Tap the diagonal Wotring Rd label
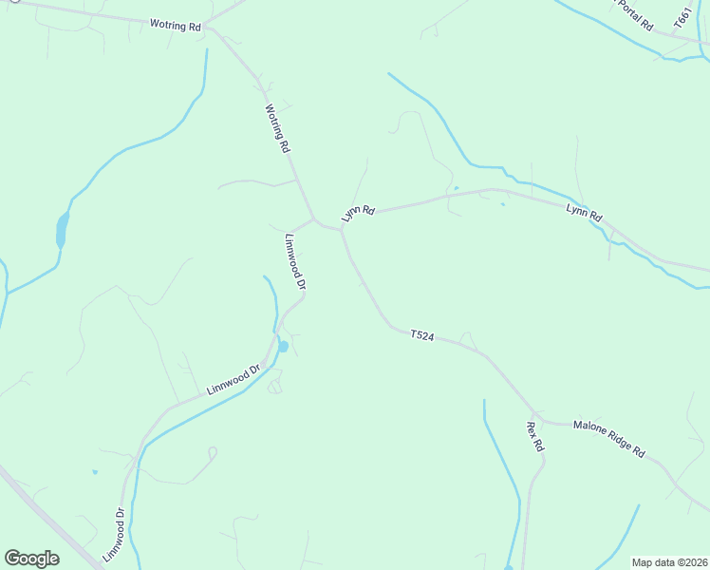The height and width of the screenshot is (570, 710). pyautogui.click(x=276, y=129)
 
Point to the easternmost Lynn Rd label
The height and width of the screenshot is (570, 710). pyautogui.click(x=584, y=213)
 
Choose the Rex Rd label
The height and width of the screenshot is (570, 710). pyautogui.click(x=534, y=436)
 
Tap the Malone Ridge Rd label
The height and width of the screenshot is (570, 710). pyautogui.click(x=608, y=439)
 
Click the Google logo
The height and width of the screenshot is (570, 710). pyautogui.click(x=31, y=559)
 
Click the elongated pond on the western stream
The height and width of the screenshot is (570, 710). pyautogui.click(x=62, y=230)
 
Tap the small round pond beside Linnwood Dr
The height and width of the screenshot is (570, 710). pyautogui.click(x=283, y=347)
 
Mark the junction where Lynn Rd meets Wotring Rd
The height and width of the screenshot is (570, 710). pyautogui.click(x=341, y=229)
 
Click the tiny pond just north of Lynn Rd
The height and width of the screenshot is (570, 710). pyautogui.click(x=457, y=188)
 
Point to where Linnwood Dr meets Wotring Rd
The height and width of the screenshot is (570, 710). pyautogui.click(x=314, y=219)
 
